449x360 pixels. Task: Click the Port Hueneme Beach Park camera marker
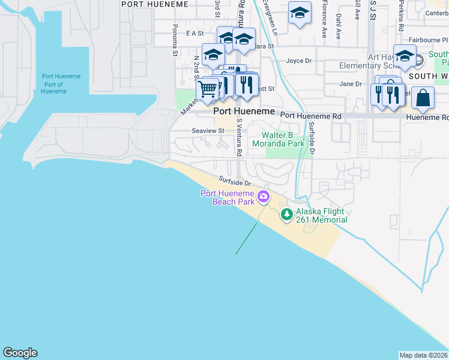coord(263,196)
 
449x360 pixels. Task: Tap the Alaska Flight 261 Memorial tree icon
coord(287,214)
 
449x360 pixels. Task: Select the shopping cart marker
coord(207,90)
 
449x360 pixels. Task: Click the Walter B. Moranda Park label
coord(278,140)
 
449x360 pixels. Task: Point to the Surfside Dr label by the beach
coord(234,181)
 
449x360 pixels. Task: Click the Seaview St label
coord(208,130)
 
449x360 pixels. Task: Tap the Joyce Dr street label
coord(299,61)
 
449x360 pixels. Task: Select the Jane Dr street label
coord(351,84)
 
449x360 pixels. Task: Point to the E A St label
coord(195,34)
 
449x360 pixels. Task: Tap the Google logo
coord(20,353)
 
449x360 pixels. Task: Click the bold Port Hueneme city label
coord(244,112)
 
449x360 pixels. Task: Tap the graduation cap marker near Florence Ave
coord(300,13)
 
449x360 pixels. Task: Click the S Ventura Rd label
coord(239,137)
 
